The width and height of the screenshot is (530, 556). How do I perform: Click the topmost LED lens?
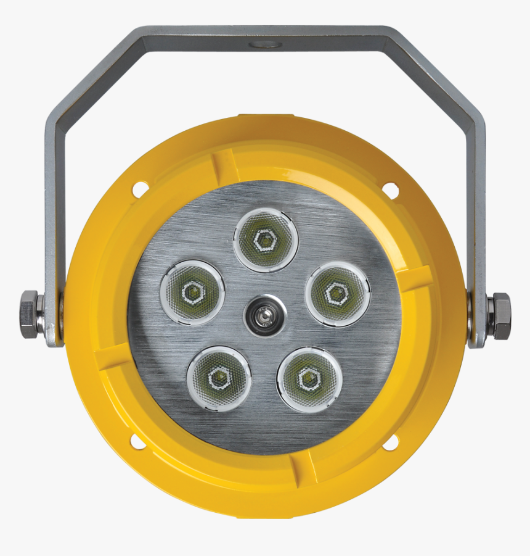tap(266, 240)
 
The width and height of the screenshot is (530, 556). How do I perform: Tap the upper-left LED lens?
tap(192, 293)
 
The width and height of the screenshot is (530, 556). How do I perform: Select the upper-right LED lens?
tap(338, 294)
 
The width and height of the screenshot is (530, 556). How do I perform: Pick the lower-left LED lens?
tap(219, 378)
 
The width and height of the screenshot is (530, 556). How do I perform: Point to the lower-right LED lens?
tap(309, 379)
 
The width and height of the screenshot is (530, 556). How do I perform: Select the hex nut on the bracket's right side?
tap(500, 316)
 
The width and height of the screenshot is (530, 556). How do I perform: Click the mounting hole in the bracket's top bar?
tap(266, 44)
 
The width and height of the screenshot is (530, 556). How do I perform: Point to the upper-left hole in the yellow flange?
tap(140, 189)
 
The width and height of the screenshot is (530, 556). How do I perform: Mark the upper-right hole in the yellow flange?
tap(389, 189)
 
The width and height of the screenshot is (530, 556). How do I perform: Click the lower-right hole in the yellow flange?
tap(390, 442)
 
